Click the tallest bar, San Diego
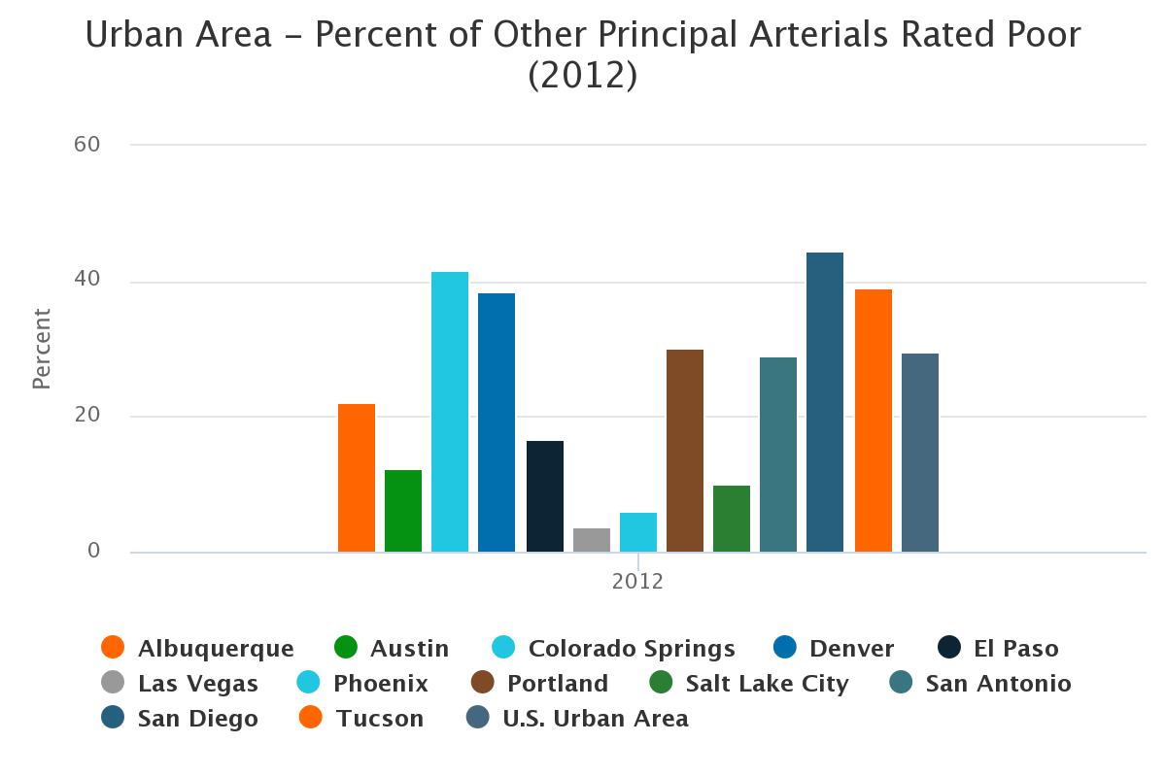point(825,402)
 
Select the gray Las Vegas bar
point(592,540)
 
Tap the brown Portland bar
point(685,451)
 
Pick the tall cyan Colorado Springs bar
point(450,412)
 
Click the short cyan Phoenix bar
point(638,532)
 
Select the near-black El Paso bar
point(545,496)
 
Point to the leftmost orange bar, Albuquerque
point(357,478)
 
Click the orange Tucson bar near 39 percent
point(874,421)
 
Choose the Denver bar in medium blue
point(497,422)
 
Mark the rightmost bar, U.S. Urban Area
point(920,453)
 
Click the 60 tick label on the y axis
point(87,145)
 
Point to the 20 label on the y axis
point(87,416)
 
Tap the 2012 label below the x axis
point(637,582)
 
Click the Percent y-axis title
point(42,349)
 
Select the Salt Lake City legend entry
point(767,684)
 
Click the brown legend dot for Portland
point(483,683)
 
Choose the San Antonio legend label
point(998,684)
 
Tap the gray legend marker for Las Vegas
point(114,683)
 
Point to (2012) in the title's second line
point(583,75)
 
